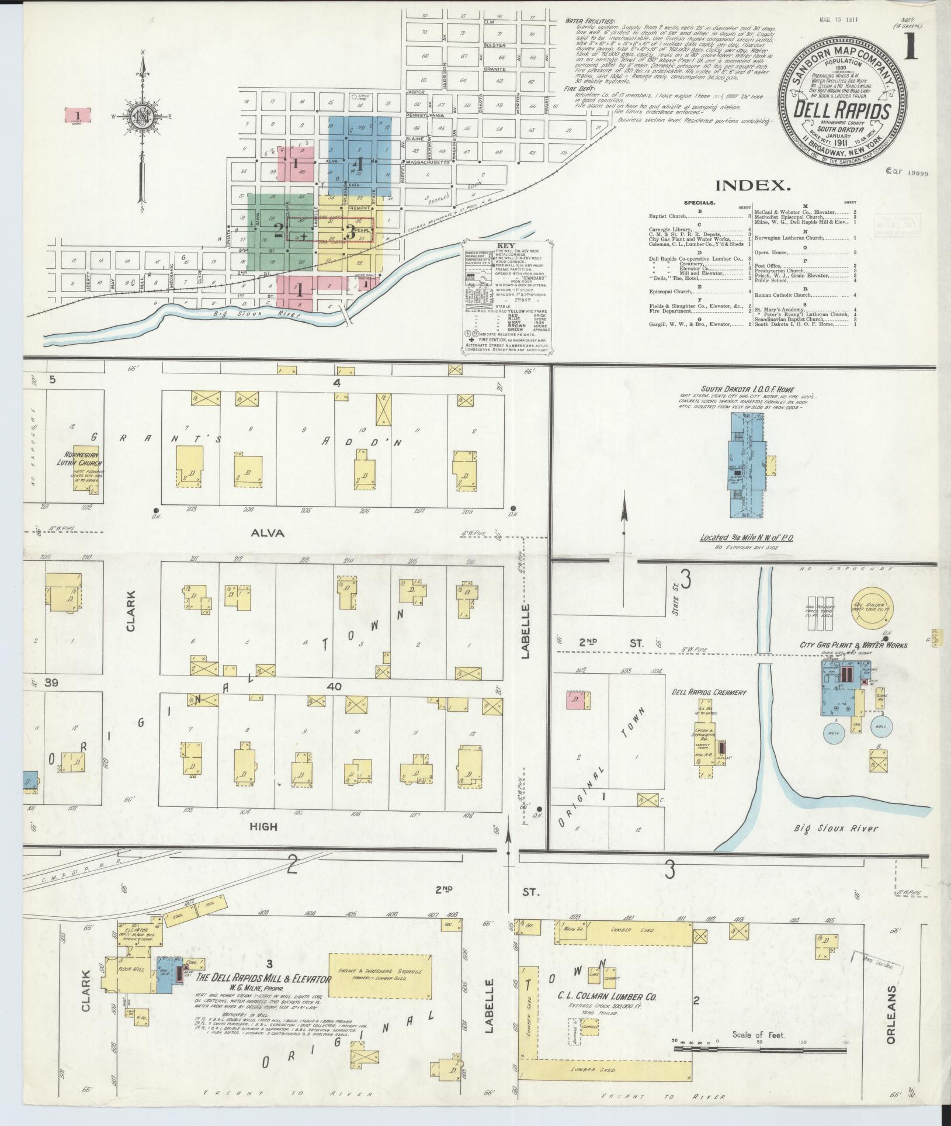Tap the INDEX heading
(x=752, y=186)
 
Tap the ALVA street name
(x=268, y=533)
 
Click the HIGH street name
(x=264, y=827)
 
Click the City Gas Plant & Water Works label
(x=853, y=645)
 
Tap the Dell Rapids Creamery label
(x=709, y=692)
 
